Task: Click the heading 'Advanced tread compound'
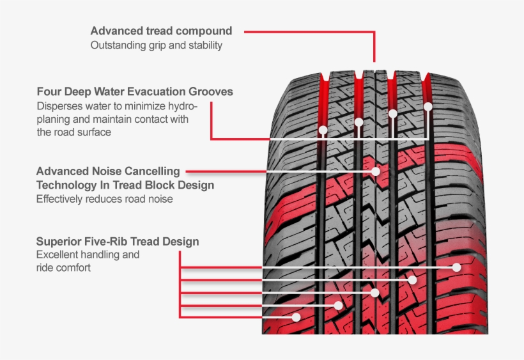coord(161,31)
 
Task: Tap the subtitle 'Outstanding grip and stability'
coord(156,45)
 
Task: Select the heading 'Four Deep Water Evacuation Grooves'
coord(135,91)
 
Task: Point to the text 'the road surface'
coord(73,132)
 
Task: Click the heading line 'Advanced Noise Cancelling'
coord(108,171)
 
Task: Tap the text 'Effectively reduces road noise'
coord(104,199)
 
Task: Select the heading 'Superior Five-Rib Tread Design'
coord(117,242)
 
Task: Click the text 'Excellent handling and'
coord(88,254)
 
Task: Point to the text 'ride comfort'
coord(63,268)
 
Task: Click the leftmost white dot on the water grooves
coord(323,130)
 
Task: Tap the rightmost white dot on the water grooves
coord(428,106)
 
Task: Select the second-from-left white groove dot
coord(358,121)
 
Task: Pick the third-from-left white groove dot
coord(393,114)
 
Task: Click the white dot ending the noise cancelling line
coord(375,171)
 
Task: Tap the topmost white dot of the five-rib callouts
coord(456,267)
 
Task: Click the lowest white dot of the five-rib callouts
coord(297,317)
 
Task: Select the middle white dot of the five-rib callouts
coord(375,293)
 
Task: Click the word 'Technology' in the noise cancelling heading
coord(66,185)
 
